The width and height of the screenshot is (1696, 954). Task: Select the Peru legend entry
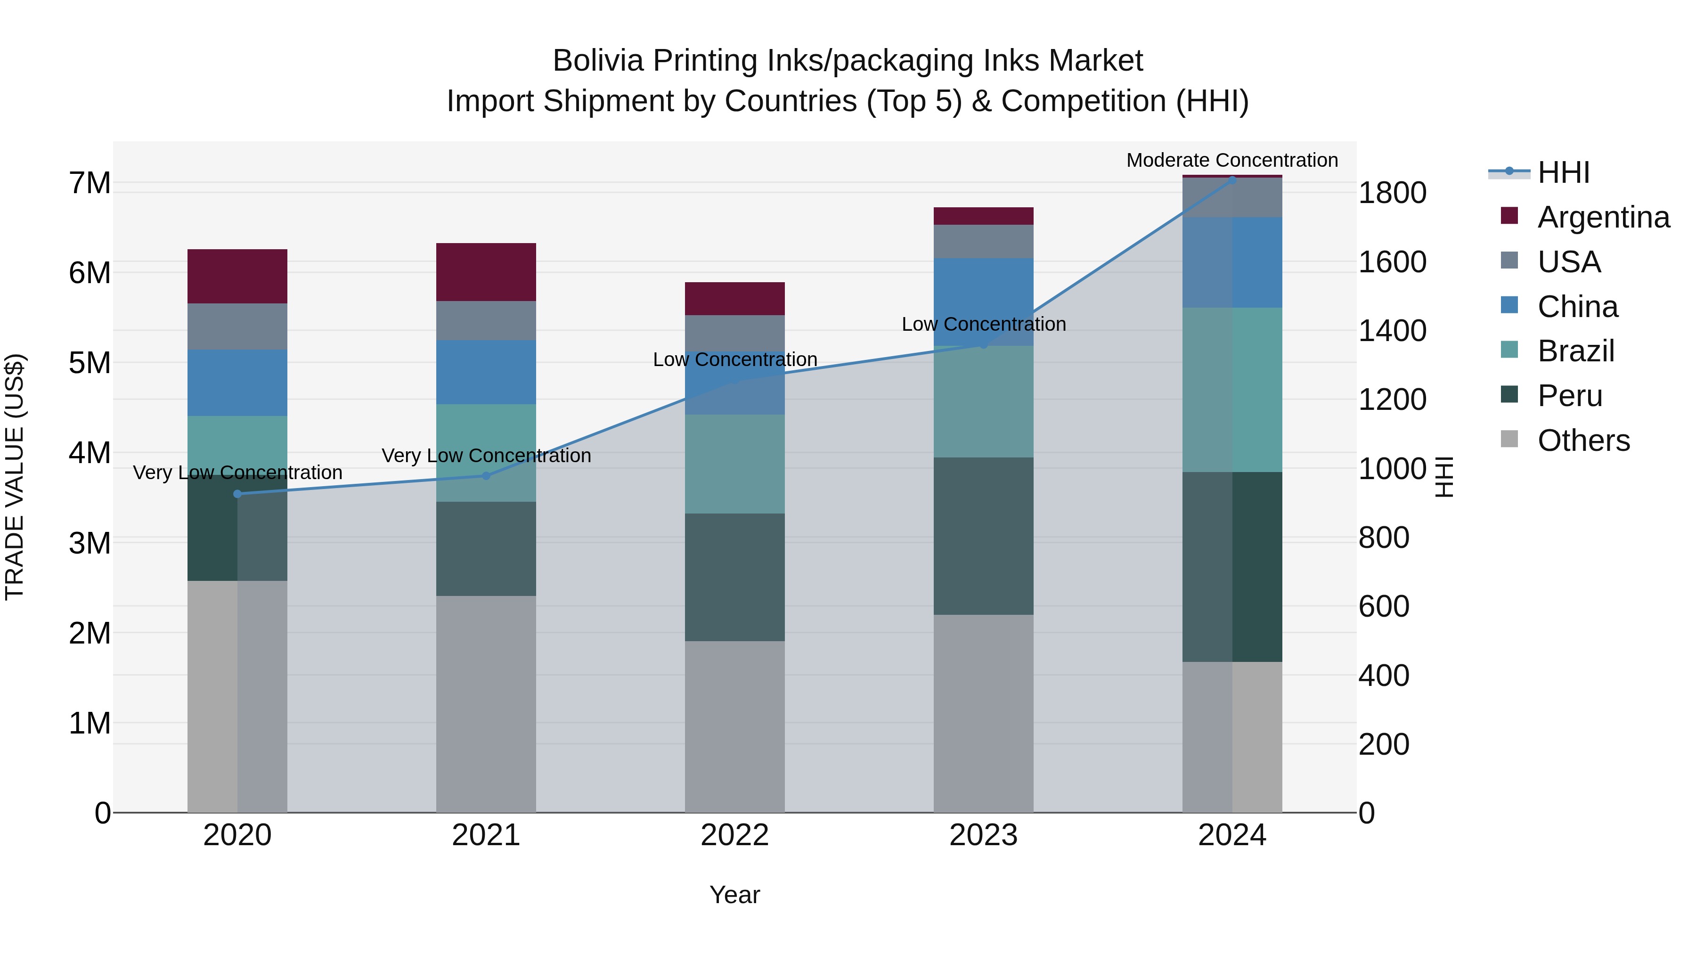pyautogui.click(x=1570, y=396)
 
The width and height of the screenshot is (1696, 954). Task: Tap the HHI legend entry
pyautogui.click(x=1563, y=172)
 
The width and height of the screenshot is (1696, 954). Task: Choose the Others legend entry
pyautogui.click(x=1583, y=440)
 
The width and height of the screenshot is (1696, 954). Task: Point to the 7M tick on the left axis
pyautogui.click(x=90, y=183)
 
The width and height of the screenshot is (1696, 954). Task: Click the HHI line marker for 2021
pyautogui.click(x=486, y=475)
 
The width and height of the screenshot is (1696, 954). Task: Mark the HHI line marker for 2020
pyautogui.click(x=238, y=494)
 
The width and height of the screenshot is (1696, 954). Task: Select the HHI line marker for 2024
pyautogui.click(x=1232, y=180)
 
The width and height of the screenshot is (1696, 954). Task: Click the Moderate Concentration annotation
pyautogui.click(x=1232, y=160)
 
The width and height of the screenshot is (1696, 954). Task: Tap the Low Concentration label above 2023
pyautogui.click(x=984, y=324)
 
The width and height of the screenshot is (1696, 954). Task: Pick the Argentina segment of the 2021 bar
pyautogui.click(x=486, y=272)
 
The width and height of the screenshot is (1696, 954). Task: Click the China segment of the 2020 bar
pyautogui.click(x=238, y=383)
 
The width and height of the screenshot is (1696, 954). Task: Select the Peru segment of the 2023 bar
pyautogui.click(x=984, y=536)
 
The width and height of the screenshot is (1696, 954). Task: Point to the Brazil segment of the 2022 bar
pyautogui.click(x=735, y=464)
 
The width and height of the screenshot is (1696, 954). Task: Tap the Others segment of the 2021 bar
pyautogui.click(x=486, y=704)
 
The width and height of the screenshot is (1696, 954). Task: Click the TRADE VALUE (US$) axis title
pyautogui.click(x=15, y=477)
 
